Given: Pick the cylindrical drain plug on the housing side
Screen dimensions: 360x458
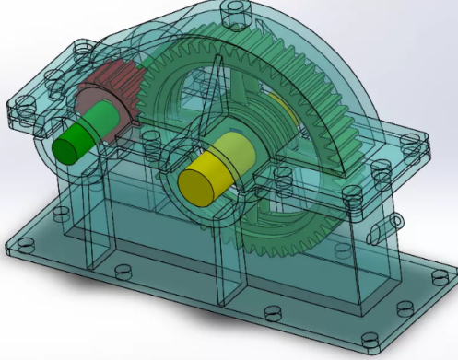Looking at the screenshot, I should (x=397, y=221).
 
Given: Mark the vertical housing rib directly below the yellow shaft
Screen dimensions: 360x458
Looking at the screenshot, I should (x=221, y=267).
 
